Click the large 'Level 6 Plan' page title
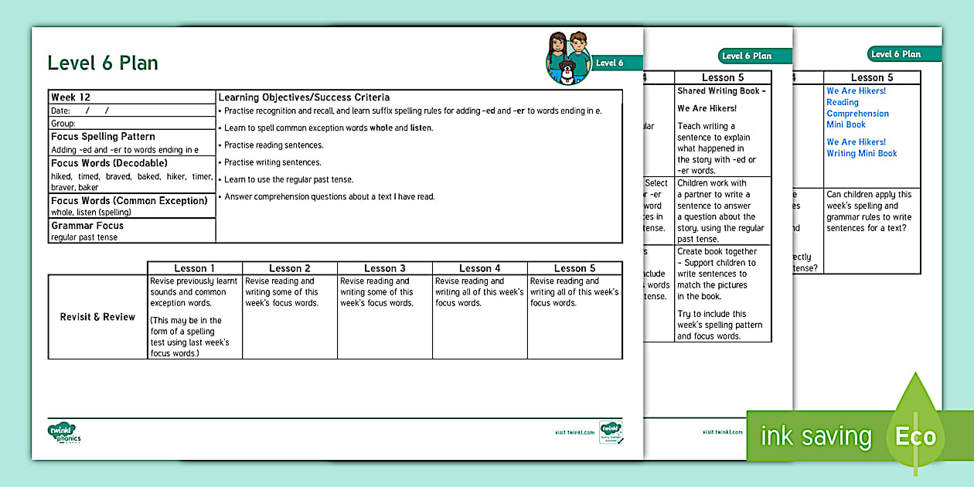pyautogui.click(x=103, y=63)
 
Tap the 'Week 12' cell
pyautogui.click(x=71, y=97)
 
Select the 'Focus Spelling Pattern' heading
pyautogui.click(x=103, y=137)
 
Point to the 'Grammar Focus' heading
pyautogui.click(x=87, y=226)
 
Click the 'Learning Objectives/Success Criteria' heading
pyautogui.click(x=304, y=97)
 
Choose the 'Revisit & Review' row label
pyautogui.click(x=97, y=317)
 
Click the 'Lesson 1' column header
pyautogui.click(x=195, y=268)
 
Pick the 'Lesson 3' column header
pyautogui.click(x=385, y=268)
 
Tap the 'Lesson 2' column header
pyautogui.click(x=290, y=268)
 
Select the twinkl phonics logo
pyautogui.click(x=65, y=434)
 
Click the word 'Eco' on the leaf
pyautogui.click(x=915, y=436)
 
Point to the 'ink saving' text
pyautogui.click(x=816, y=436)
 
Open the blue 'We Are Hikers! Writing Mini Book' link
pyautogui.click(x=862, y=148)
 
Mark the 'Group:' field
pyautogui.click(x=63, y=124)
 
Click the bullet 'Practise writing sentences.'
pyautogui.click(x=272, y=162)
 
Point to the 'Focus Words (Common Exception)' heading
pyautogui.click(x=129, y=201)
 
